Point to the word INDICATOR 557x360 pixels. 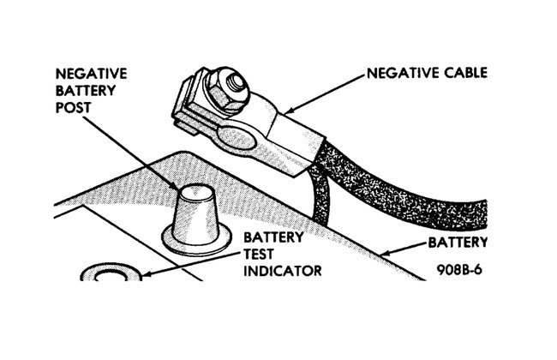[283, 272]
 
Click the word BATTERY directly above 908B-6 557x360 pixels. [460, 242]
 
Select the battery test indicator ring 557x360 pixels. [111, 275]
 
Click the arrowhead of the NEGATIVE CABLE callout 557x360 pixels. [287, 111]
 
